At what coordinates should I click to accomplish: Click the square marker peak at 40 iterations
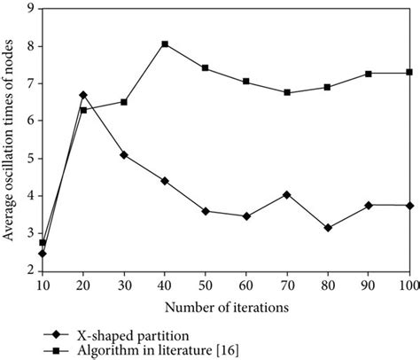click(x=165, y=43)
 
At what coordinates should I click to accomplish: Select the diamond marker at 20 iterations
click(x=82, y=94)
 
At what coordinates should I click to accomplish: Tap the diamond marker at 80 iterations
click(x=328, y=228)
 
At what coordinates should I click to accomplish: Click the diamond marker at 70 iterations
click(x=286, y=194)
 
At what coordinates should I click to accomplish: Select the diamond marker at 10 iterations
click(x=42, y=253)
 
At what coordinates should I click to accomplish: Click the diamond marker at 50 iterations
click(x=205, y=211)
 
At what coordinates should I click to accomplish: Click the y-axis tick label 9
click(x=31, y=9)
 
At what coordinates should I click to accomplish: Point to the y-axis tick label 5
click(x=31, y=158)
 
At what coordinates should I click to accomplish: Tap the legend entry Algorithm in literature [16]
click(x=141, y=349)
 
